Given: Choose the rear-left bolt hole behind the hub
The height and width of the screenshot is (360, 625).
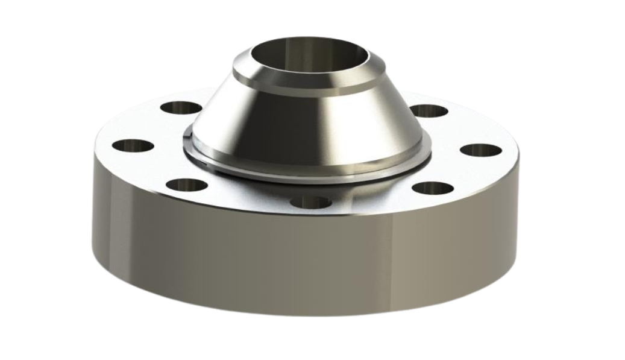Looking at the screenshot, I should [181, 109].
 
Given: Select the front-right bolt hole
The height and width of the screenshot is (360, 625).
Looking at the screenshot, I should [433, 188].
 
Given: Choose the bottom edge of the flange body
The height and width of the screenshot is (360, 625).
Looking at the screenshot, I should [301, 314].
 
